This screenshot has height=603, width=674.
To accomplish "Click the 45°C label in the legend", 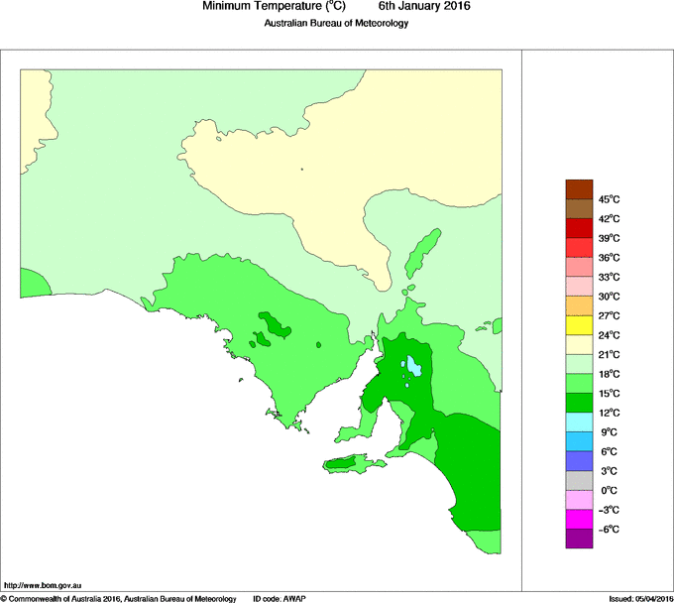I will (x=610, y=199).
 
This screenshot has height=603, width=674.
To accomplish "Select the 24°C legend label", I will (x=610, y=335).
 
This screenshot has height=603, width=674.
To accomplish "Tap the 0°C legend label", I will (x=610, y=491).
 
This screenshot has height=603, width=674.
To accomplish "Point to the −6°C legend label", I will (x=610, y=530).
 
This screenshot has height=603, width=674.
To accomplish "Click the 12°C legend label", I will (x=610, y=413).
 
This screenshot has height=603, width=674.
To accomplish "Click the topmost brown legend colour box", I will (x=579, y=189).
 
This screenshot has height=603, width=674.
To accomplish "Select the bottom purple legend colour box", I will (x=579, y=539).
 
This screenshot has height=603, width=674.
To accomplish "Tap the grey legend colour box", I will (x=579, y=480).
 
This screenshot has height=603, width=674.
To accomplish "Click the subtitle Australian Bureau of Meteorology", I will (x=336, y=24).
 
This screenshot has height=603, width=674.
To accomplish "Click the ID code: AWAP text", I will (x=281, y=598).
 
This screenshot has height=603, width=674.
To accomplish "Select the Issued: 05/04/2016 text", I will (x=639, y=598).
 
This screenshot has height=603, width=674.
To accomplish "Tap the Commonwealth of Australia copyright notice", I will (x=118, y=598).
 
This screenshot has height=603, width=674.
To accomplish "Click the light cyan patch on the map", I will (x=413, y=364).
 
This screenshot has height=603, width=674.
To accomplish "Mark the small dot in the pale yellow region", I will (x=301, y=169).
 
